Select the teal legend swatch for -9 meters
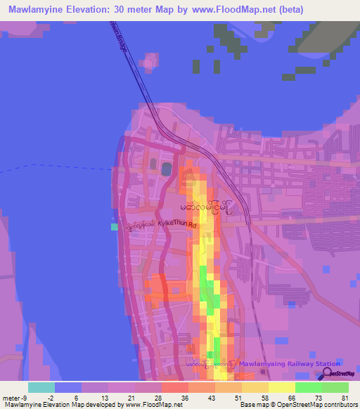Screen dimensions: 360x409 41,387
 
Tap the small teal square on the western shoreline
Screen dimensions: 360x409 114,226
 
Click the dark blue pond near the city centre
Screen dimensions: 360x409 167,169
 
